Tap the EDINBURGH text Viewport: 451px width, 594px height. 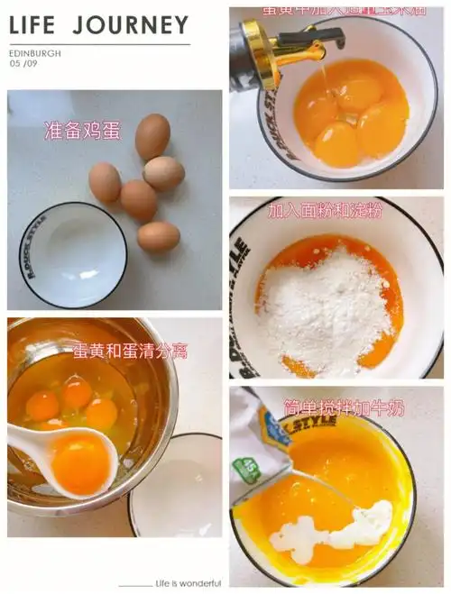[x=35, y=53]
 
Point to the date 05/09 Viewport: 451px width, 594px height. [x=23, y=65]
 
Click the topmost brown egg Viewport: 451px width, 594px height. [x=152, y=136]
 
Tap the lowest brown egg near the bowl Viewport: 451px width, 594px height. [x=159, y=236]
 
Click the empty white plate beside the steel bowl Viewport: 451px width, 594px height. [x=177, y=487]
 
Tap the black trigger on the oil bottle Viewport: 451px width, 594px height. [x=324, y=37]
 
